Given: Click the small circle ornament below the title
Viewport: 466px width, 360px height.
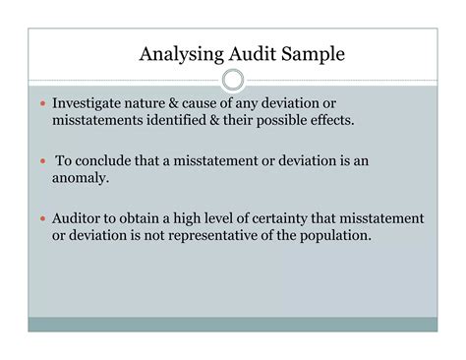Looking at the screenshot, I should click(x=233, y=81).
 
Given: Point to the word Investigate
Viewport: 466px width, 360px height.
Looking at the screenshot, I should click(x=91, y=102).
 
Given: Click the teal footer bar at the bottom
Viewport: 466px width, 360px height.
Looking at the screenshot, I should click(x=233, y=324).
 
